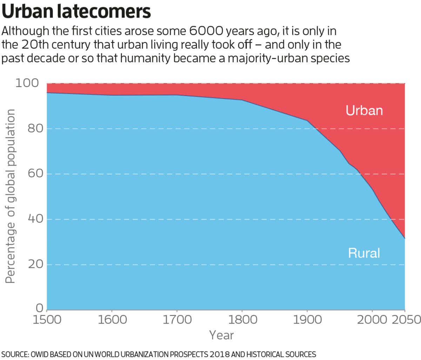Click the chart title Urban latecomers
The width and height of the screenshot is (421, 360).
[x=76, y=12]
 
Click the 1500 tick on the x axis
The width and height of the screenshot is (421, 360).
[x=47, y=320]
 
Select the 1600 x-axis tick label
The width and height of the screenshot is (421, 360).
[x=112, y=320]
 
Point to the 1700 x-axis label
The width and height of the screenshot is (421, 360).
[x=177, y=320]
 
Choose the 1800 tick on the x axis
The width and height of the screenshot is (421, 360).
[x=242, y=320]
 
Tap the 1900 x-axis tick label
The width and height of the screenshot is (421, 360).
[x=307, y=320]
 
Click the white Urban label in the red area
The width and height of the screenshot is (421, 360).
[x=364, y=110]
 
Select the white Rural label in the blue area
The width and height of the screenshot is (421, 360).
[x=364, y=253]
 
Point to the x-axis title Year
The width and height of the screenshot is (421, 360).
[x=221, y=335]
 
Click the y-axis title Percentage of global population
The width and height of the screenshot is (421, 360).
[x=11, y=196]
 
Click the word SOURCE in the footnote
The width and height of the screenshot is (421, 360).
[x=14, y=354]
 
